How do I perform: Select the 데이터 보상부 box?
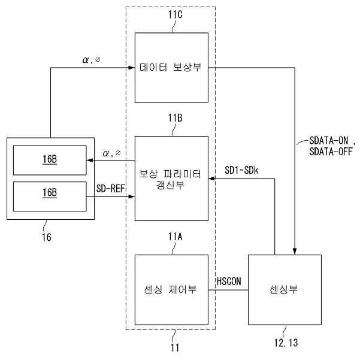point(171,68)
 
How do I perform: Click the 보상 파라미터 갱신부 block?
point(171,178)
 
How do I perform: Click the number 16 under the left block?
point(46,237)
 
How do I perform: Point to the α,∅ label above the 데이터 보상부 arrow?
point(95,60)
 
